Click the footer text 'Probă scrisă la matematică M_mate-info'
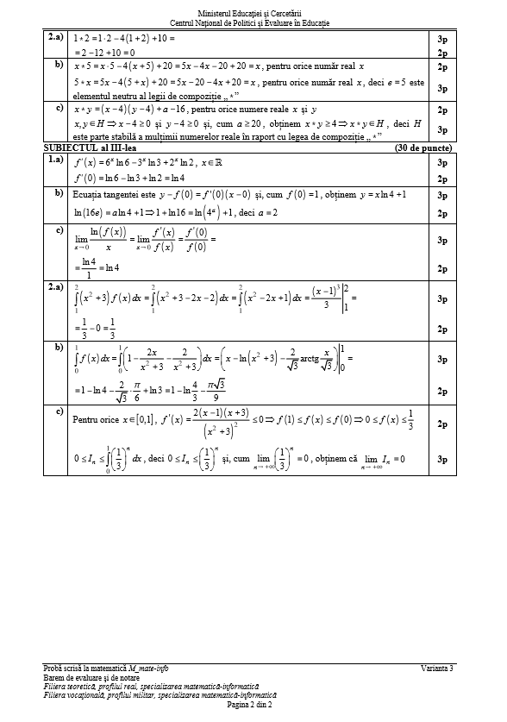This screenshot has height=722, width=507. click(x=105, y=669)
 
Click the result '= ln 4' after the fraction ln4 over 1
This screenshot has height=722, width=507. click(x=105, y=267)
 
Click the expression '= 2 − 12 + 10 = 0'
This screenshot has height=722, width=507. click(x=115, y=53)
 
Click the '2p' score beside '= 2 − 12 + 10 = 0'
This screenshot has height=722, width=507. click(x=441, y=53)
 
